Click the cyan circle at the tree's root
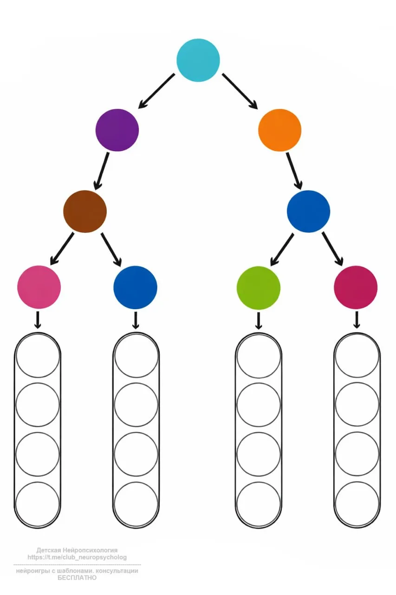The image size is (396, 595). click(x=198, y=60)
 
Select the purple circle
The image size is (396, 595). click(x=117, y=130)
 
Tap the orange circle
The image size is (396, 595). click(x=279, y=130)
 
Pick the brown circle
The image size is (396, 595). click(x=85, y=212)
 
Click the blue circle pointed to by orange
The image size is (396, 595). click(x=308, y=212)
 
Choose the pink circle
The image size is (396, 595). click(x=39, y=287)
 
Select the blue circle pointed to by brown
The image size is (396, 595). click(x=135, y=287)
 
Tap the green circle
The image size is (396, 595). click(x=259, y=288)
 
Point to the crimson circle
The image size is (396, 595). click(x=356, y=287)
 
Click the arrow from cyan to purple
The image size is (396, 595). click(x=157, y=91)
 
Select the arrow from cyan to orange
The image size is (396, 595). click(x=240, y=91)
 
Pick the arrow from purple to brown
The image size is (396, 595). click(x=102, y=171)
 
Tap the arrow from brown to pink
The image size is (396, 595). click(x=62, y=248)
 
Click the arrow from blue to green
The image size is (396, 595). click(x=282, y=249)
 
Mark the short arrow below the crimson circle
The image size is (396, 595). click(x=357, y=320)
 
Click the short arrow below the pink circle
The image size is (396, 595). click(x=38, y=320)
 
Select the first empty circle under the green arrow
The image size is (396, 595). click(x=259, y=356)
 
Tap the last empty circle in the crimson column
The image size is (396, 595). click(x=357, y=504)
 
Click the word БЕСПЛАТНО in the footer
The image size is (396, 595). click(x=77, y=578)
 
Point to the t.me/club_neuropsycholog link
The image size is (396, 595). click(x=77, y=557)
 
